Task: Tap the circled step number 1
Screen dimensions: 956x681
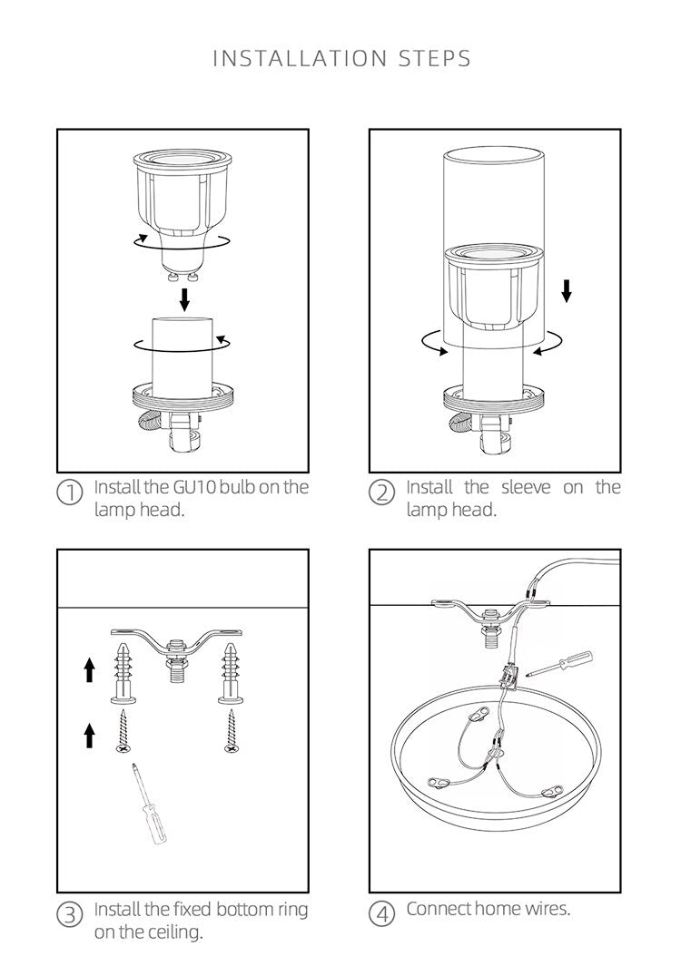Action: [70, 493]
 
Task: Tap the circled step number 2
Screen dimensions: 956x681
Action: [382, 493]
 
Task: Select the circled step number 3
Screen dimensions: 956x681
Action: [70, 914]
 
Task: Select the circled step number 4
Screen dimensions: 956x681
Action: [382, 914]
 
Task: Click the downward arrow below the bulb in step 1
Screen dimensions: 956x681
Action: [184, 299]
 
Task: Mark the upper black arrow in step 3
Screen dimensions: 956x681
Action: [89, 669]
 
